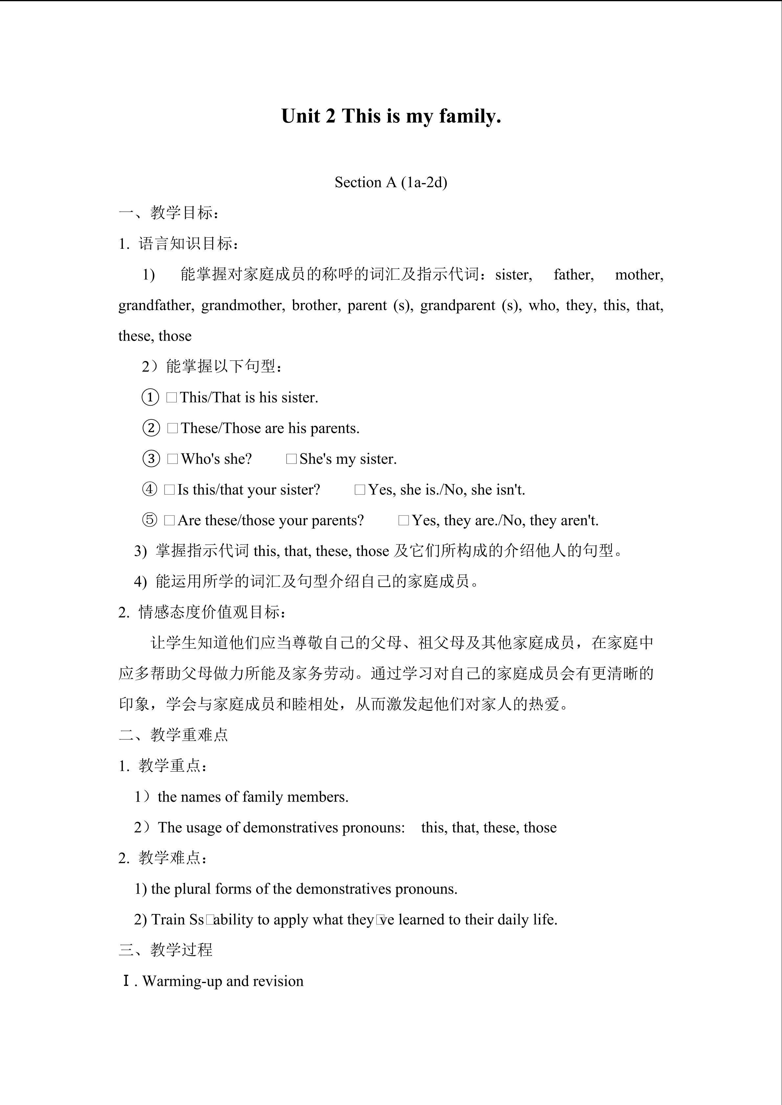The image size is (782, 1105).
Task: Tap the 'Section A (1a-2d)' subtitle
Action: [x=391, y=182]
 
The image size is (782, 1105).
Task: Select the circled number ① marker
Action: [x=150, y=397]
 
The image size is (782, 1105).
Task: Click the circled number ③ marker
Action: [x=151, y=459]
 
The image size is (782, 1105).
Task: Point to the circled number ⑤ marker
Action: [x=150, y=520]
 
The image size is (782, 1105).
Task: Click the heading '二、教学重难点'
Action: [x=173, y=735]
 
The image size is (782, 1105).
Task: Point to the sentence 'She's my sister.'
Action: [x=348, y=459]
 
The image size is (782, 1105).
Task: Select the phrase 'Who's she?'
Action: [x=216, y=459]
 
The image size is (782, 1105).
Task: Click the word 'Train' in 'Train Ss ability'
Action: [x=168, y=920]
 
